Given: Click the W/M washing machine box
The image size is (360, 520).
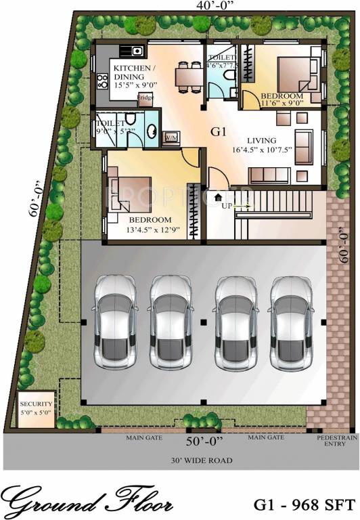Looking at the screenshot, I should pos(170,137).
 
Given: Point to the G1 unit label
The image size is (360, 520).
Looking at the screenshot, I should pos(219,130).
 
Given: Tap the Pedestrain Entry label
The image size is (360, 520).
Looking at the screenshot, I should pos(332,441).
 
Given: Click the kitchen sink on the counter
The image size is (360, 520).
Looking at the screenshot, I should pos(131,50).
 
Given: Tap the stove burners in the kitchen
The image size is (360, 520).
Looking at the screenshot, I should pos(104,82).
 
